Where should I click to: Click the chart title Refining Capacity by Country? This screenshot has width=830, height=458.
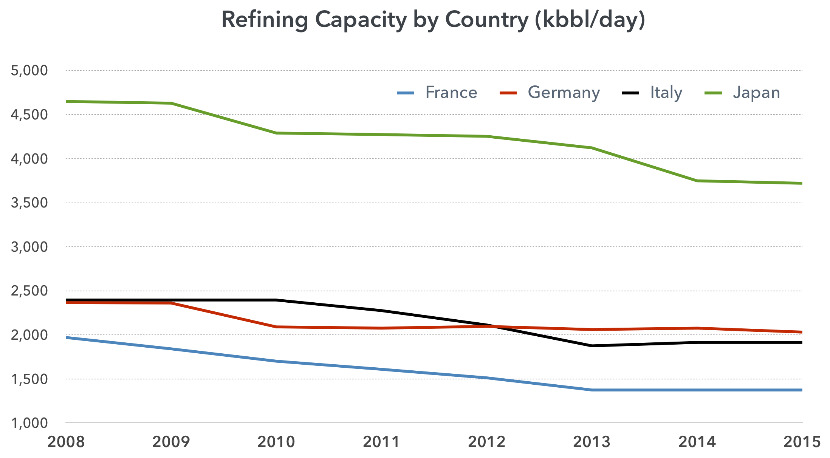point(433,20)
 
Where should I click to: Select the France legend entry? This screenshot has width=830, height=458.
point(451,93)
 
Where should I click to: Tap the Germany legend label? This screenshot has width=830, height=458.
point(563,93)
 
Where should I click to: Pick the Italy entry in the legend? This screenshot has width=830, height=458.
point(666,93)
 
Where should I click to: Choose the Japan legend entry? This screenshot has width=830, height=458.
point(756,93)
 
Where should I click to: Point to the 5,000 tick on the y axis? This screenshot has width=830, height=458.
point(29,71)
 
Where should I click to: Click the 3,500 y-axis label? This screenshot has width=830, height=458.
point(29,203)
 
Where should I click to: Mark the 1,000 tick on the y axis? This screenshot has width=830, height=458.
point(29,423)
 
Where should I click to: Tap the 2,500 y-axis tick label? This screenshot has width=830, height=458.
point(29,291)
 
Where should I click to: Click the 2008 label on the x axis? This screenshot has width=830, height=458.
point(66,442)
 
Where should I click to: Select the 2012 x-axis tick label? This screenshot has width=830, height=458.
point(487,442)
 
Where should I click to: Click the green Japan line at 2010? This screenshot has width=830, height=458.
point(276,133)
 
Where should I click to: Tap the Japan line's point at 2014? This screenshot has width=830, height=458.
point(697,181)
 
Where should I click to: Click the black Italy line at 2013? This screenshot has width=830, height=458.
point(592,346)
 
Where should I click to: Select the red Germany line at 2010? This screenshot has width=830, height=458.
point(276,327)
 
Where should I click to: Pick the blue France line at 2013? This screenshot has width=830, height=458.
point(592,390)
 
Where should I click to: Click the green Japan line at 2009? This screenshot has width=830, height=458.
point(171,103)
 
